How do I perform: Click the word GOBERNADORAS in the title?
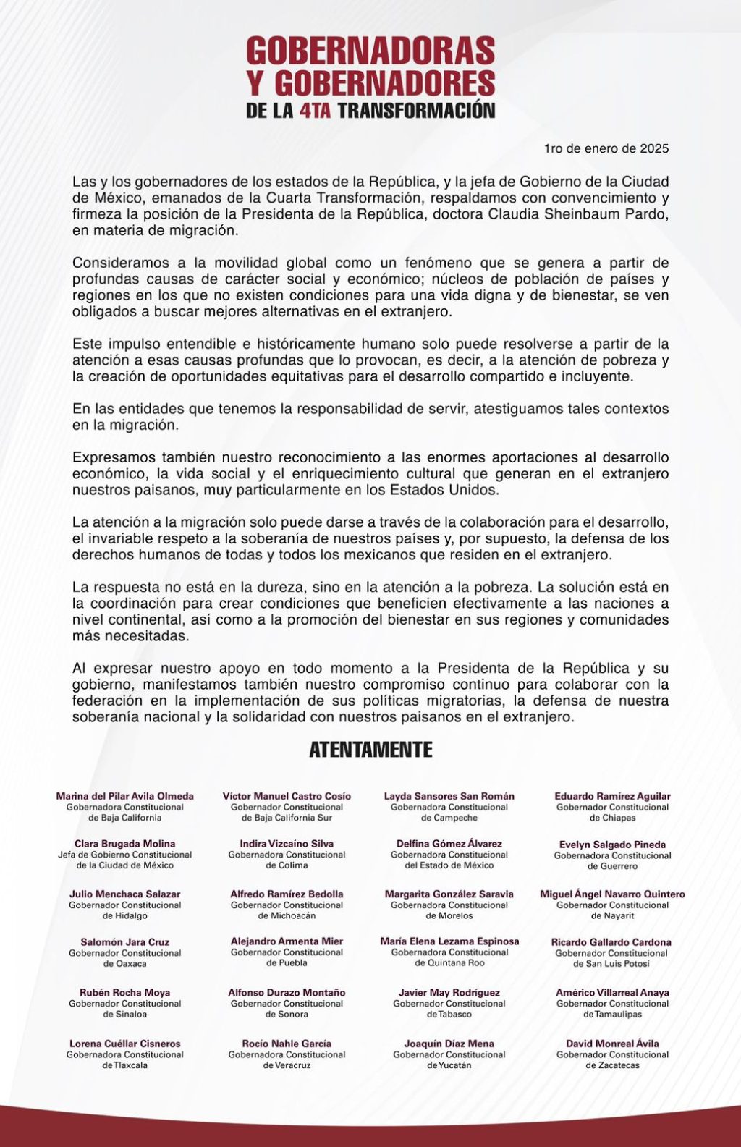370,52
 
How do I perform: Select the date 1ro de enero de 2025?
606,148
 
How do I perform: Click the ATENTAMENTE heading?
370,750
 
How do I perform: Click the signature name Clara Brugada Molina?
124,844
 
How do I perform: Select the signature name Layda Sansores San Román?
449,796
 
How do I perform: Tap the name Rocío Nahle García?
287,1044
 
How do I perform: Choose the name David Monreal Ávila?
612,1044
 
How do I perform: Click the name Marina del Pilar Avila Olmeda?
124,796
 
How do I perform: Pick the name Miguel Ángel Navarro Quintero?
612,894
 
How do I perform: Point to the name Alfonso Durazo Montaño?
287,993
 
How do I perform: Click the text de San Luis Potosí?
612,964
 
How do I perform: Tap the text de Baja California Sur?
287,818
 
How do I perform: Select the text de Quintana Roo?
449,963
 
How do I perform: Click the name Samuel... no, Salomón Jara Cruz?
124,942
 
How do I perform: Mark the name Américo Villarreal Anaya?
612,993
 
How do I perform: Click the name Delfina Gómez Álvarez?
449,844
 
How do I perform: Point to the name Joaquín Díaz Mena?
449,1044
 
